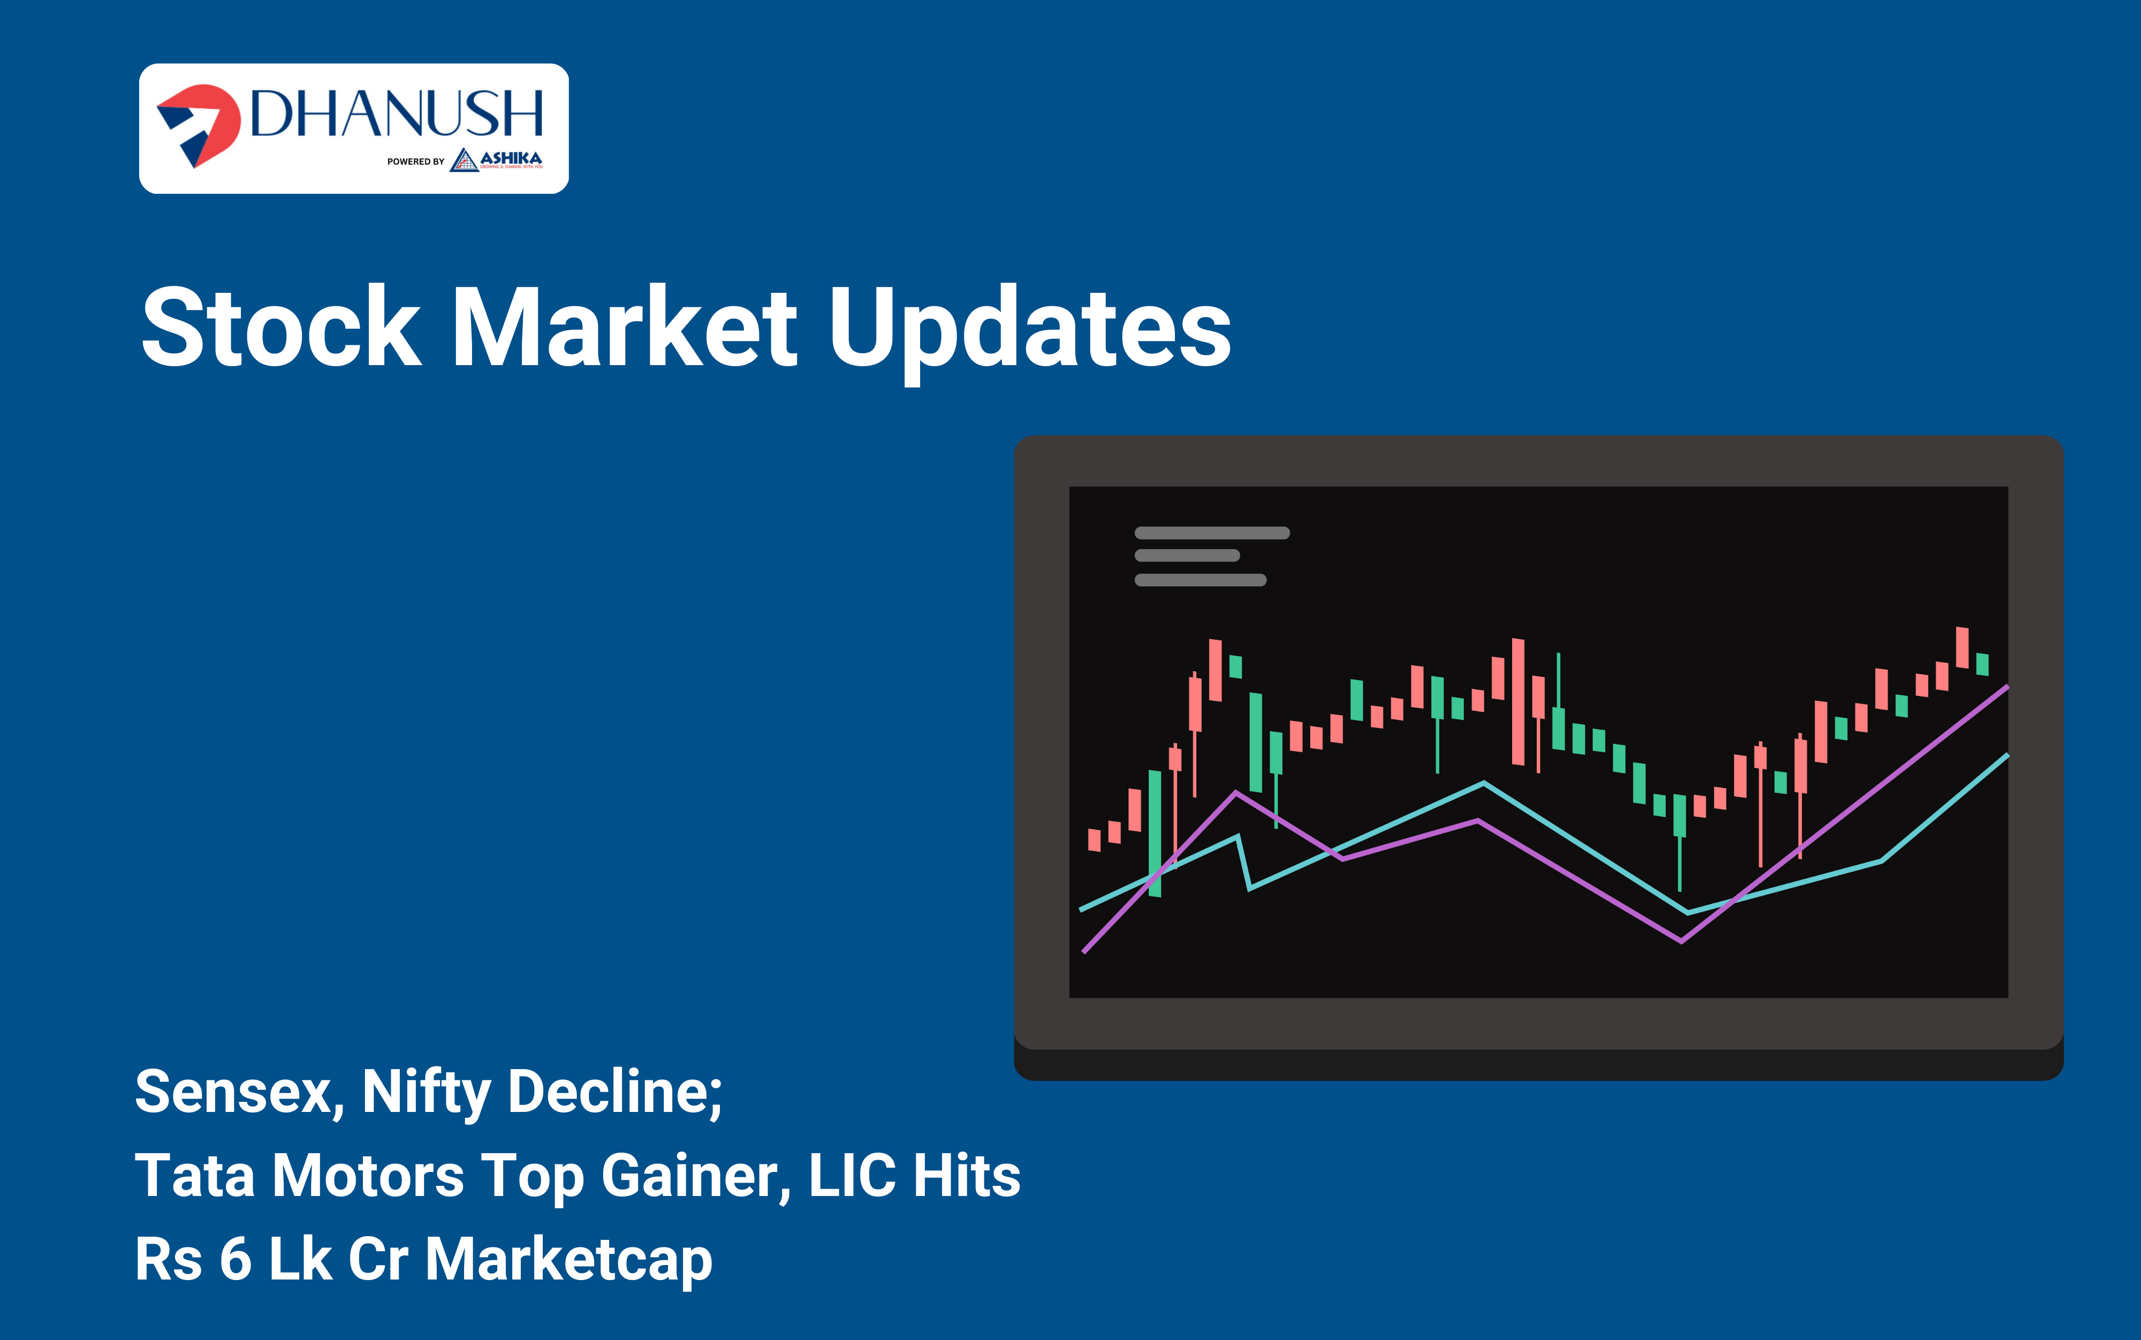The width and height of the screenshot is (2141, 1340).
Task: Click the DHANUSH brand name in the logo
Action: (x=396, y=113)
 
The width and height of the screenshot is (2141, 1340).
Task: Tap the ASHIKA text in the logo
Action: (x=511, y=158)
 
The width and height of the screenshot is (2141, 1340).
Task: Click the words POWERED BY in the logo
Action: (x=415, y=161)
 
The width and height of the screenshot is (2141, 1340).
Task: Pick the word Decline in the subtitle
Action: (x=615, y=1092)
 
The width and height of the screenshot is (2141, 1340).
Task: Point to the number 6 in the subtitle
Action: (x=235, y=1259)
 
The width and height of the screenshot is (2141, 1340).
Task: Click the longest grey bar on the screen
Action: (x=1212, y=533)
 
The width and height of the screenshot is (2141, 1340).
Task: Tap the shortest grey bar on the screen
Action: (x=1187, y=556)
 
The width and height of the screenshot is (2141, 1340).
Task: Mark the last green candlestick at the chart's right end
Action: (x=1983, y=664)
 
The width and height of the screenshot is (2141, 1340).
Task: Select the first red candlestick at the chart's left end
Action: (x=1094, y=839)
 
